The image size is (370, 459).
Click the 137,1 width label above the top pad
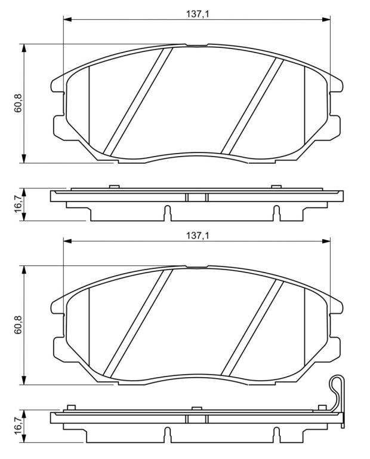[x=198, y=14]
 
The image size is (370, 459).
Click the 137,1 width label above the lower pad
[x=198, y=235]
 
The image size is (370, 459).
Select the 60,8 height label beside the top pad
[x=18, y=103]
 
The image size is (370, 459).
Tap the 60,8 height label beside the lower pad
[x=18, y=325]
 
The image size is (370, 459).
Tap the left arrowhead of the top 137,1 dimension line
[x=67, y=19]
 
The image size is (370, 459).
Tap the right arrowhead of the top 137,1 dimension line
[x=326, y=19]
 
